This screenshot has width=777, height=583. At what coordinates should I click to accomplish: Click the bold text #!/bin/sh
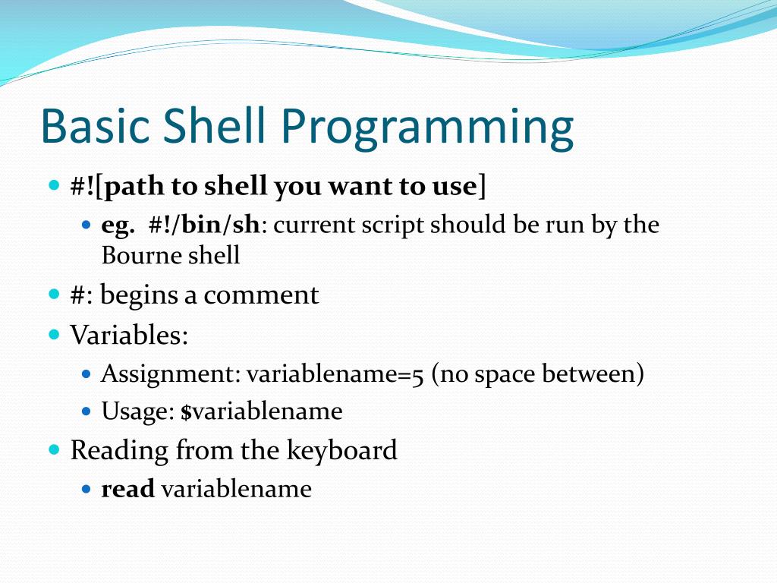[x=204, y=225]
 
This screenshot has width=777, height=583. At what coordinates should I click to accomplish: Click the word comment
[x=261, y=295]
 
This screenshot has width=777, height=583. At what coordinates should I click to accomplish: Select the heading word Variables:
[x=129, y=335]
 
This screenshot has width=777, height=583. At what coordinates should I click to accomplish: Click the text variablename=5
[x=335, y=373]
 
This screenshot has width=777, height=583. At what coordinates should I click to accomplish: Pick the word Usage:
[x=138, y=411]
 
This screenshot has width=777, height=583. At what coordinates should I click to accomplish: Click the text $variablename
[x=262, y=411]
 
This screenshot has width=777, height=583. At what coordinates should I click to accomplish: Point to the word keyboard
[x=342, y=450]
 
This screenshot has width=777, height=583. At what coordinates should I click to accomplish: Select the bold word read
[x=127, y=489]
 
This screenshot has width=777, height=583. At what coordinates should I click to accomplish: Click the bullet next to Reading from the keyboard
[x=55, y=450]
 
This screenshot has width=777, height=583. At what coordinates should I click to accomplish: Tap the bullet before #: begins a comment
[x=55, y=295]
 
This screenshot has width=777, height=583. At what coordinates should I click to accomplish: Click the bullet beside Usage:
[x=87, y=411]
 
